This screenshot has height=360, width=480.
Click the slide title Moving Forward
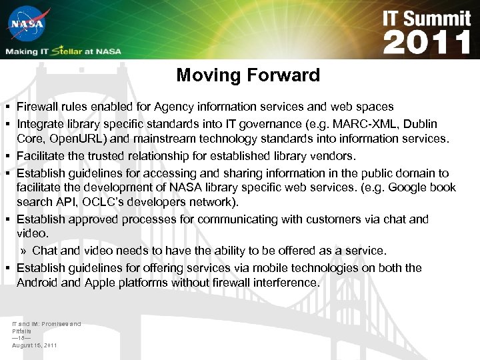coord(248,75)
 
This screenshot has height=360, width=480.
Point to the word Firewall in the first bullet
coord(39,107)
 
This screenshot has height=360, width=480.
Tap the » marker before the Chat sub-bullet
coord(23,251)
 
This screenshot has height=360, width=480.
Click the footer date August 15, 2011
coord(35,345)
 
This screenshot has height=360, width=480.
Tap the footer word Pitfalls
coord(22,331)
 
